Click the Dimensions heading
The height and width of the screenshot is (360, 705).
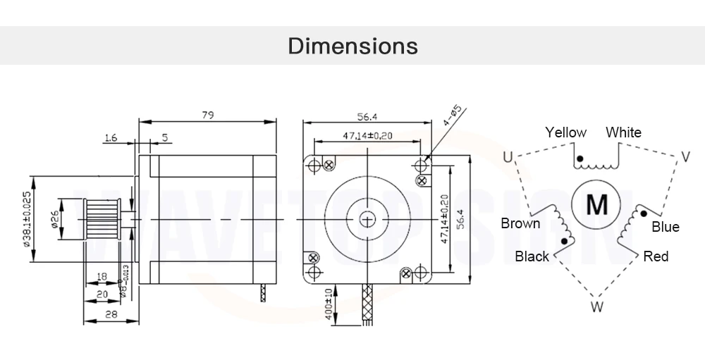pyautogui.click(x=353, y=46)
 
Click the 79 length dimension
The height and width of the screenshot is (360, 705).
pyautogui.click(x=207, y=115)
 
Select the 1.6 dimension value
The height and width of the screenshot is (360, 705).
pyautogui.click(x=110, y=138)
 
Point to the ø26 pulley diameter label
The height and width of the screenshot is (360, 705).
pyautogui.click(x=54, y=221)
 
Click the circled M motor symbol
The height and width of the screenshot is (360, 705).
pyautogui.click(x=597, y=204)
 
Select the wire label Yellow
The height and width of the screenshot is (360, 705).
pyautogui.click(x=565, y=132)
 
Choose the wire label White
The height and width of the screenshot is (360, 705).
pyautogui.click(x=623, y=132)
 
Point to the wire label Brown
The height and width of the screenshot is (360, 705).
pyautogui.click(x=520, y=224)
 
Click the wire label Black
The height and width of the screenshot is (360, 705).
pyautogui.click(x=532, y=256)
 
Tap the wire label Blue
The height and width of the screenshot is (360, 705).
pyautogui.click(x=665, y=227)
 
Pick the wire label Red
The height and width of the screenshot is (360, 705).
pyautogui.click(x=656, y=256)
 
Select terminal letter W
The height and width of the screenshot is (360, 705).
pyautogui.click(x=596, y=306)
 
